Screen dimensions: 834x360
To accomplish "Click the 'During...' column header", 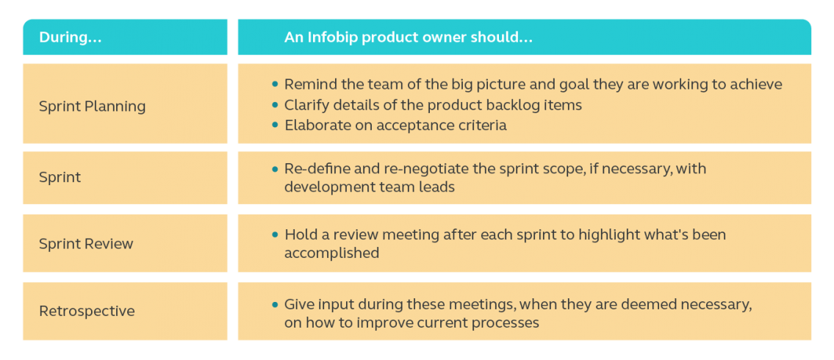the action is click(71, 37).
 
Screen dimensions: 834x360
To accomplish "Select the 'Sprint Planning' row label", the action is click(92, 107).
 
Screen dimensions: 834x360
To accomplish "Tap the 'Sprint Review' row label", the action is click(86, 243).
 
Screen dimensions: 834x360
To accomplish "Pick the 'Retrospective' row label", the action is click(87, 311).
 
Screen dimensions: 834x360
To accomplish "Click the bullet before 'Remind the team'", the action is click(275, 84).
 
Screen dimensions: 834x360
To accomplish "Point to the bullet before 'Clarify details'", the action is click(275, 105).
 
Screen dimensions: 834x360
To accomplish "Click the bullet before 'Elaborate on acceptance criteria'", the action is click(275, 125).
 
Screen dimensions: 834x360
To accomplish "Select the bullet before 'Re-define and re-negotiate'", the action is click(275, 170).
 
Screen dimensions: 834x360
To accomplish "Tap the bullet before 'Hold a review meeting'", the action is click(275, 234).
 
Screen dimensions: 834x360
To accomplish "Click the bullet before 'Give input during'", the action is click(275, 305).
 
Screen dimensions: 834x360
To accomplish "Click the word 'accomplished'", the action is click(331, 253).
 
